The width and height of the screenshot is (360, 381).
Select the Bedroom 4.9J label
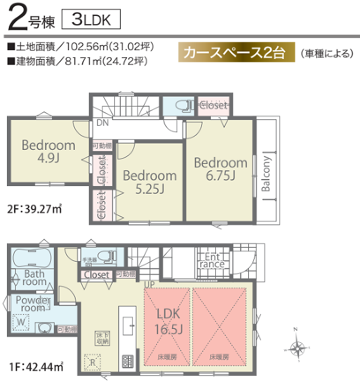48,151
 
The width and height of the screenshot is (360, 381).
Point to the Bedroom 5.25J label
149,182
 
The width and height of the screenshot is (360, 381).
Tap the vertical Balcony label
267,174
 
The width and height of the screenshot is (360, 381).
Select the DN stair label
102,123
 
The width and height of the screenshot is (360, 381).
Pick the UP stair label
149,284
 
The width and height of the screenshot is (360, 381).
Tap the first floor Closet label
97,275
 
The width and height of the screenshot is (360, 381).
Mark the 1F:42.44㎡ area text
36,366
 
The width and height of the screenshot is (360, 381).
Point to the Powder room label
32,304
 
